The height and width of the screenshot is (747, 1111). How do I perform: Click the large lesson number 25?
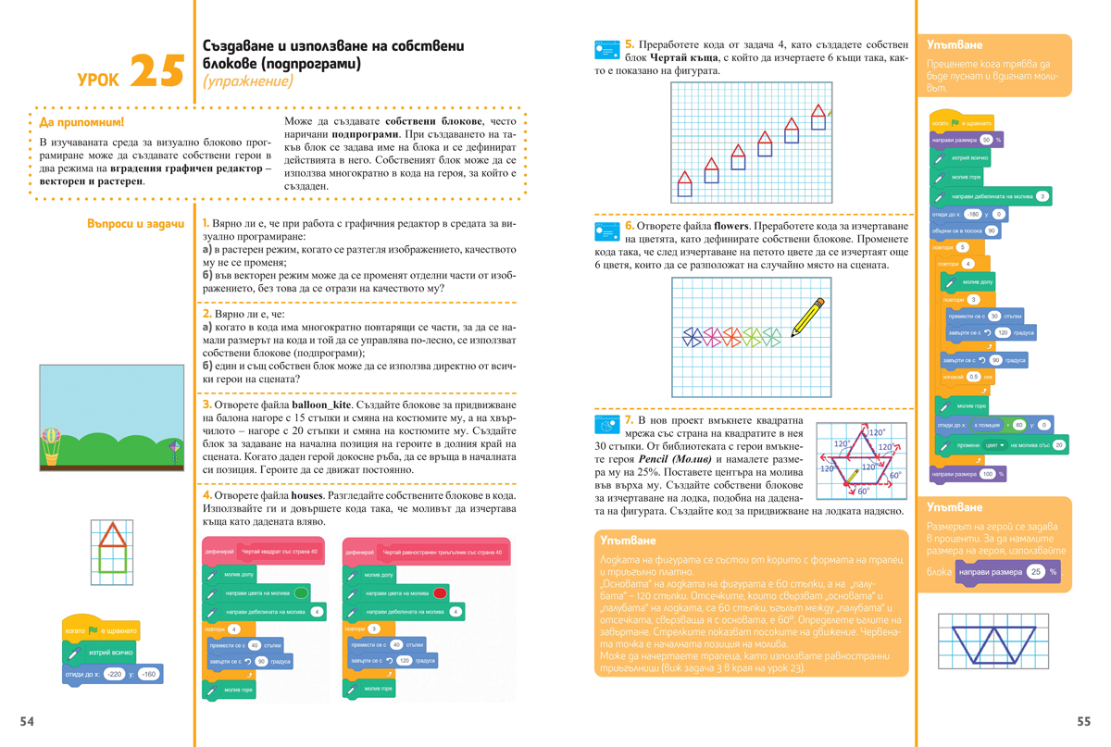[156, 71]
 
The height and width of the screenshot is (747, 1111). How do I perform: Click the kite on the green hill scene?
[174, 451]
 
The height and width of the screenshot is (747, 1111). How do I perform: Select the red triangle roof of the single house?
[111, 536]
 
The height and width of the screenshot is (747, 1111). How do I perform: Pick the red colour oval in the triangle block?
[440, 593]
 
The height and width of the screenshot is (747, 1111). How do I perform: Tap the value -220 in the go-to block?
[114, 675]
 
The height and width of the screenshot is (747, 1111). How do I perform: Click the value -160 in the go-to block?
[148, 675]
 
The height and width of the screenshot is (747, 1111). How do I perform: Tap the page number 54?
[27, 722]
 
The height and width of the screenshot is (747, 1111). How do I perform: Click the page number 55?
[1084, 722]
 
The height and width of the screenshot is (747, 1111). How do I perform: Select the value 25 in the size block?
[1036, 572]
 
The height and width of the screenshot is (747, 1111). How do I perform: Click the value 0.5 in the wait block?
[973, 377]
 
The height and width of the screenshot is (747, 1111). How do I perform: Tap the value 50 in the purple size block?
[986, 140]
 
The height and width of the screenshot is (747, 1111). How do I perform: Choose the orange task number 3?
[206, 405]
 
